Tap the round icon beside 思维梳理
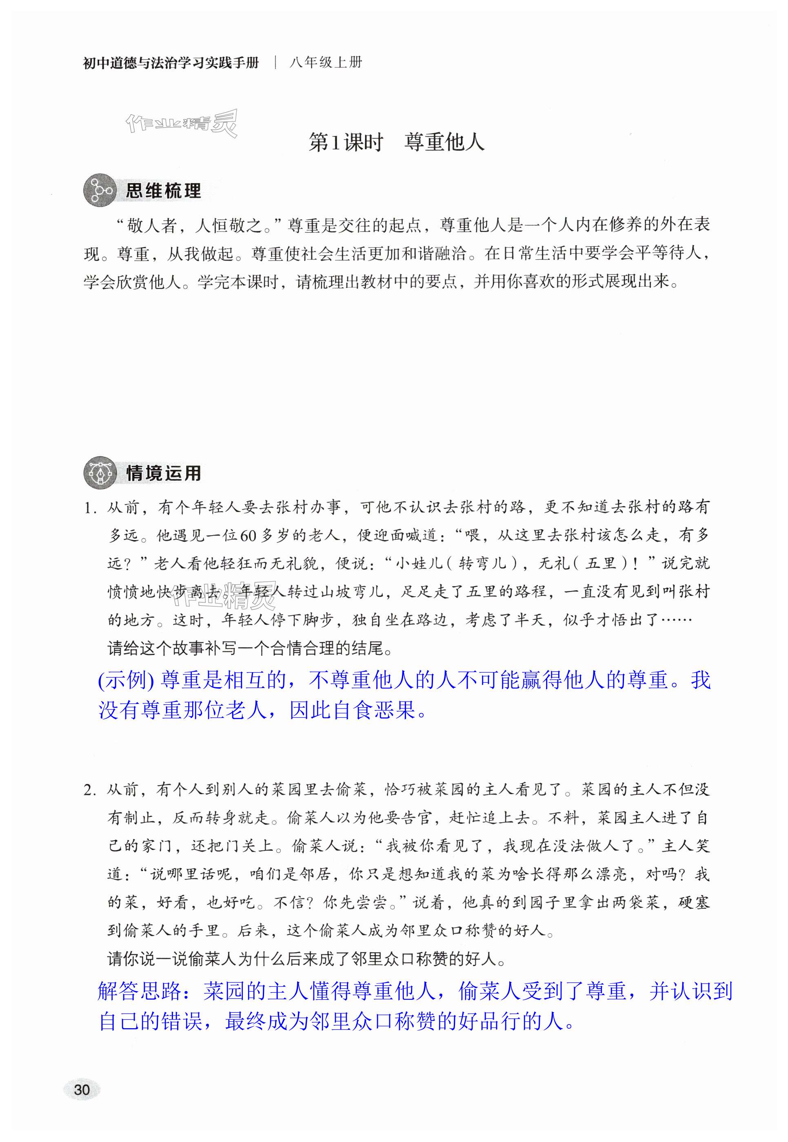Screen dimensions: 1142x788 (x=99, y=190)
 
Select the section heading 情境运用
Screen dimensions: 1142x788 (x=163, y=473)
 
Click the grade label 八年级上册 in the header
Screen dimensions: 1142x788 (x=326, y=63)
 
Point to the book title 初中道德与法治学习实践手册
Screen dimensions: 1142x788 (x=171, y=63)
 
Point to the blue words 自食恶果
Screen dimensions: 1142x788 (x=373, y=710)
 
